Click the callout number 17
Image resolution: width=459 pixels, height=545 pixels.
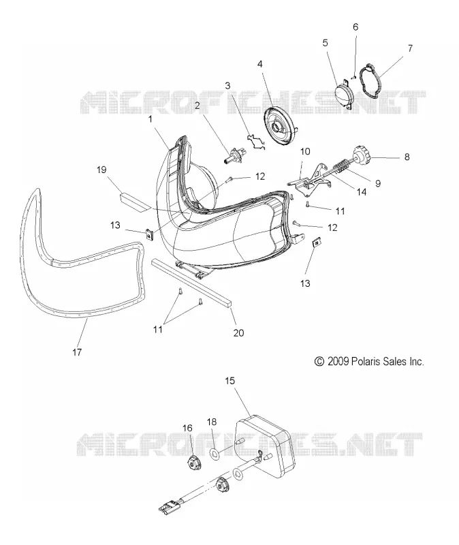click(77, 352)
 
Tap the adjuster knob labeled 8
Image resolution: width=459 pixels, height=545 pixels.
click(362, 157)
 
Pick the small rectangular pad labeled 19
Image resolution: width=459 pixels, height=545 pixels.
click(353, 78)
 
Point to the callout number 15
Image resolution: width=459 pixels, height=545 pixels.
click(229, 381)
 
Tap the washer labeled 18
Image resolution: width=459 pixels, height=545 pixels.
click(215, 453)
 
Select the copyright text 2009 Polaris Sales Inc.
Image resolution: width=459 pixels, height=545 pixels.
click(369, 362)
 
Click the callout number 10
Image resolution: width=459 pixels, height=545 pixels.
click(305, 151)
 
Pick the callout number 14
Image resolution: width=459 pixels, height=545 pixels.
click(362, 191)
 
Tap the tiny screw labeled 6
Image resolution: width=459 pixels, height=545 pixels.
click(353, 78)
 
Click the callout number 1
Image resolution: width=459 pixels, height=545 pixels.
click(150, 119)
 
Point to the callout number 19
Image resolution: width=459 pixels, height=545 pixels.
click(101, 170)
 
